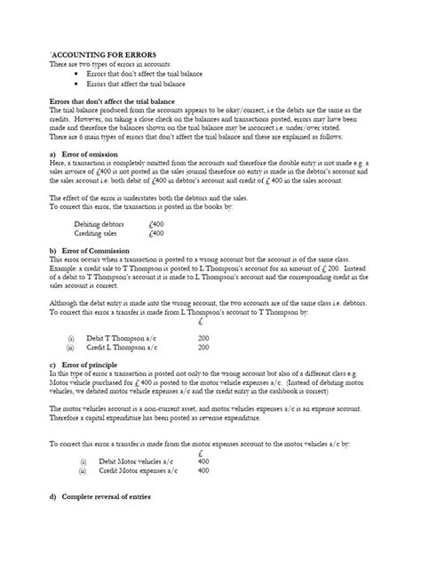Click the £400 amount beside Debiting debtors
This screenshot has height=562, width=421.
(x=156, y=224)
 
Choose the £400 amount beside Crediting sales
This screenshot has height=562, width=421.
(x=156, y=233)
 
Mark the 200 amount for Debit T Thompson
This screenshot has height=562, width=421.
(x=203, y=339)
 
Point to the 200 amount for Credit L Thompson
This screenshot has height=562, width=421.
(x=203, y=348)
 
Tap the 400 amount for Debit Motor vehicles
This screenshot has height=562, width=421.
(x=203, y=462)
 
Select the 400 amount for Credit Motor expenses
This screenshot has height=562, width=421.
(x=203, y=471)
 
